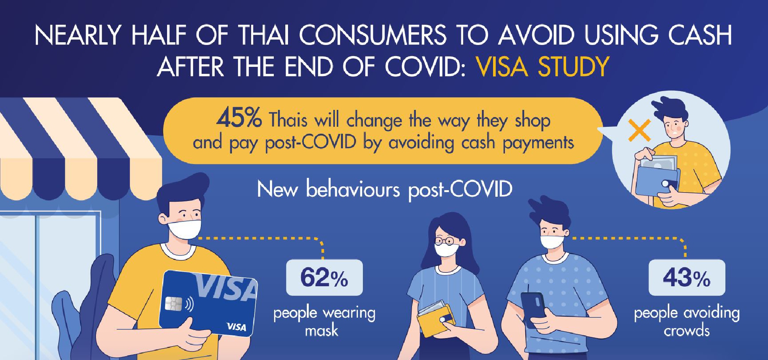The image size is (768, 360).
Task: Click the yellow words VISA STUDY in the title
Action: [542, 67]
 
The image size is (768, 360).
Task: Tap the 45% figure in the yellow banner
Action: [239, 118]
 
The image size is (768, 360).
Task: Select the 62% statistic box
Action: [324, 277]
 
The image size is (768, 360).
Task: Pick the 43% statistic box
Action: [687, 277]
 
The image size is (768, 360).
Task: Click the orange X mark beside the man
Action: [639, 130]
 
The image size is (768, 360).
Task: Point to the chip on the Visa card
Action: [173, 304]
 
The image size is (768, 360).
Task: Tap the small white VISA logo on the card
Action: [236, 327]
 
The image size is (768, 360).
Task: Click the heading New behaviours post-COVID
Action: [384, 189]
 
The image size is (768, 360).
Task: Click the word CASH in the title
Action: [700, 35]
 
